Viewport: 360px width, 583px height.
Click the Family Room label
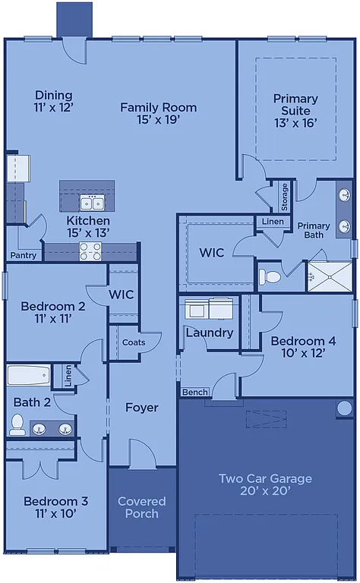tap(158, 114)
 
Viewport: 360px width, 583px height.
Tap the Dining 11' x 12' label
tap(53, 101)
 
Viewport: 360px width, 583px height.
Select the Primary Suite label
tap(295, 110)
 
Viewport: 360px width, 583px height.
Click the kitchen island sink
tap(93, 203)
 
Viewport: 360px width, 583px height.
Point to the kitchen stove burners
tap(90, 251)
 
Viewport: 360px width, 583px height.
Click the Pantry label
tap(23, 256)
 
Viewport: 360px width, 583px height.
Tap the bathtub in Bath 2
tap(28, 375)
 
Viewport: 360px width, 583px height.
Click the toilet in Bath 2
tap(17, 425)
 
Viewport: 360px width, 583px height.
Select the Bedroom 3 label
tap(55, 507)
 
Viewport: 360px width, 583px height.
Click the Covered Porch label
tap(141, 507)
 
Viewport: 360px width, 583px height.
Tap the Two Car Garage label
tap(265, 484)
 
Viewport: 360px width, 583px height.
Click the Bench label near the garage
tap(194, 392)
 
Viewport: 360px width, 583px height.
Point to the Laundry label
tap(209, 332)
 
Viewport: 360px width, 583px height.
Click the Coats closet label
tap(134, 342)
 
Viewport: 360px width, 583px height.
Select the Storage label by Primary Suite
tap(285, 197)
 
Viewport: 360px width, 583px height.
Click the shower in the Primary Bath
tap(330, 276)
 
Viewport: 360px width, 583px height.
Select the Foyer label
tap(142, 408)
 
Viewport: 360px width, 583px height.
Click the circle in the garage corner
tap(345, 408)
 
